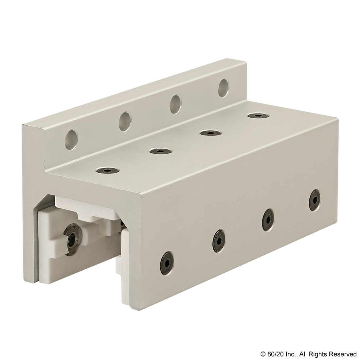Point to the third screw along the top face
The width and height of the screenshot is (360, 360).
pyautogui.click(x=210, y=133)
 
